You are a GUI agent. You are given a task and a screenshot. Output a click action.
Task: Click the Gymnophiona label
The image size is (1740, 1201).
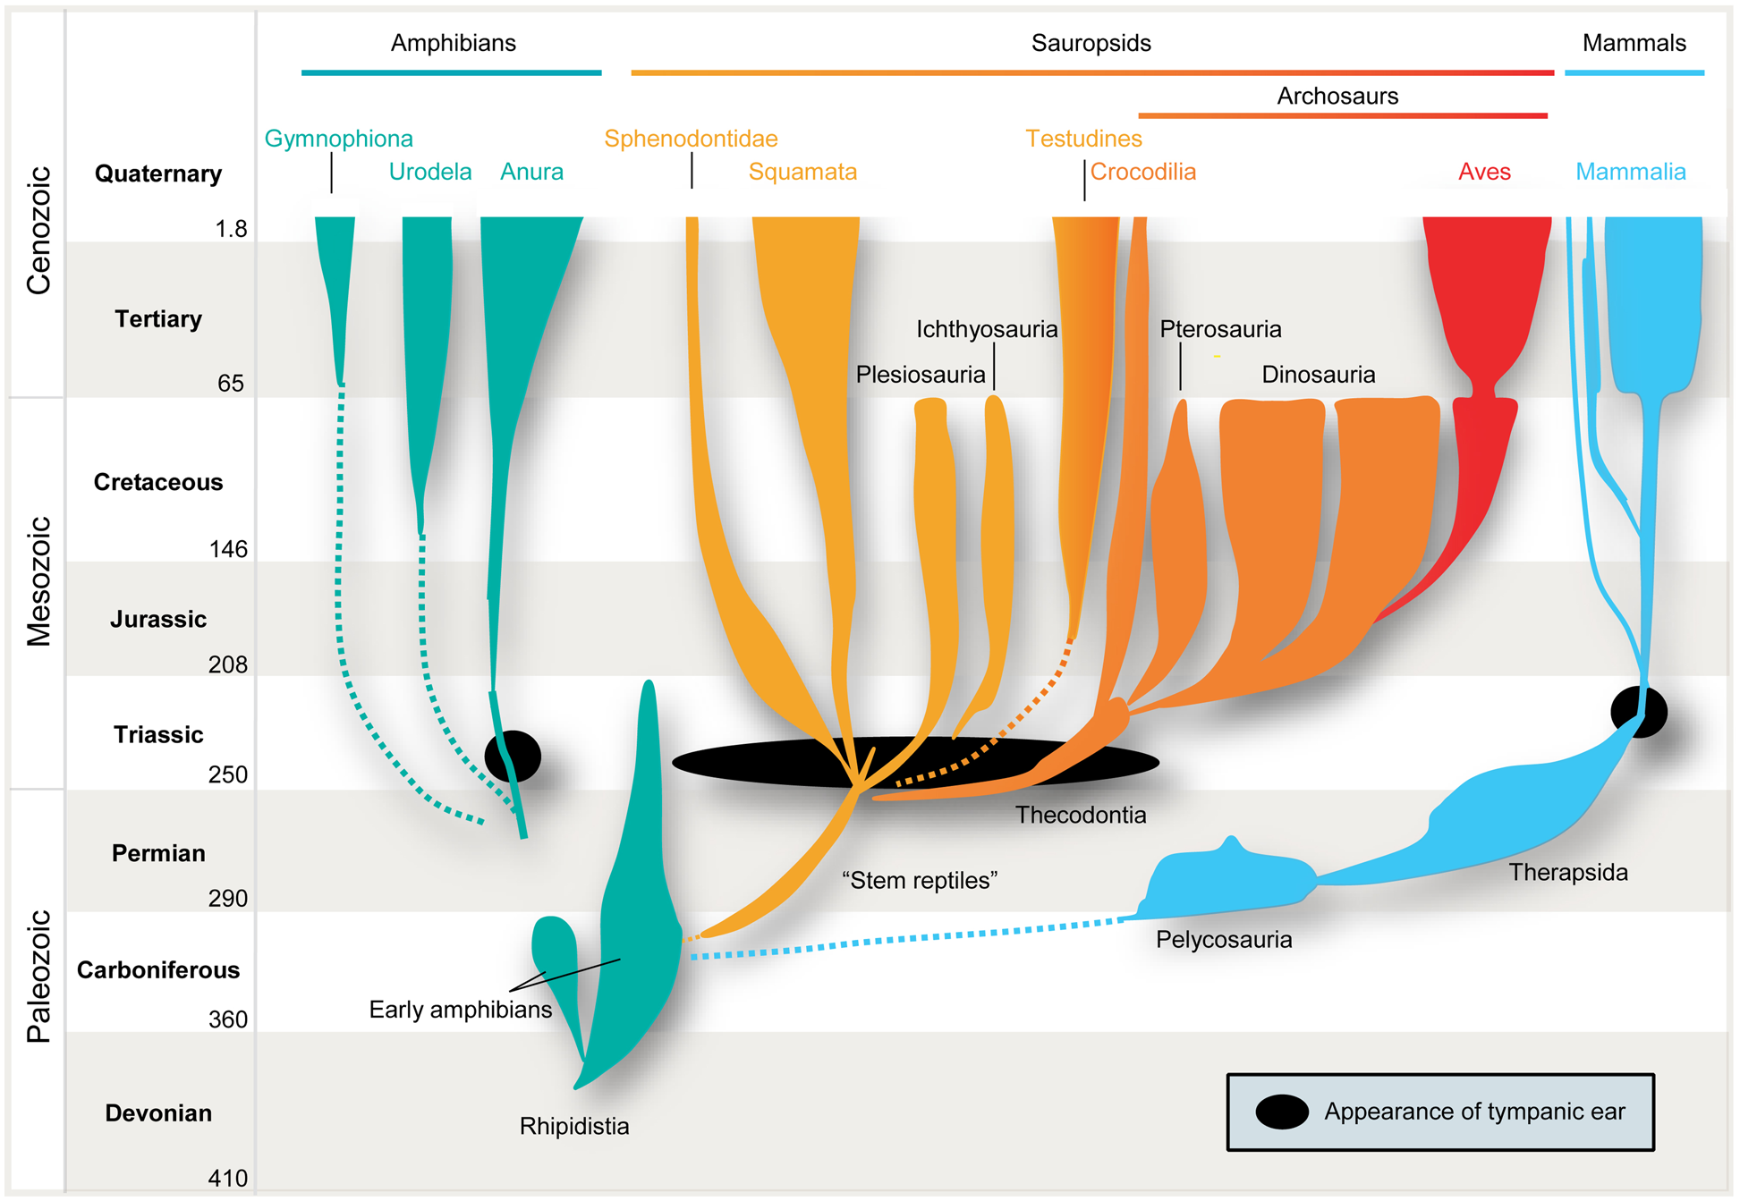click(338, 139)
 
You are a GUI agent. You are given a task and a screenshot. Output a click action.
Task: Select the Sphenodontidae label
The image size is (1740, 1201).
click(690, 139)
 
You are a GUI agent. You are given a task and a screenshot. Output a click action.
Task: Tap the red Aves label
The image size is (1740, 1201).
click(1483, 172)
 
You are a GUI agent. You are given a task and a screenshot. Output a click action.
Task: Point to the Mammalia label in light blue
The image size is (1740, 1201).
click(1630, 172)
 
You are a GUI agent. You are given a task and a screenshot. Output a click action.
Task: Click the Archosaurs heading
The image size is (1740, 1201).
click(1337, 96)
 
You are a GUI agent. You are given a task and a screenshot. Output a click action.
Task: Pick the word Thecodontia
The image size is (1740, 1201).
click(1080, 815)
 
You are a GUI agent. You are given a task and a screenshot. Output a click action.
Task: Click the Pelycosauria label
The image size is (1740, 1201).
click(1223, 940)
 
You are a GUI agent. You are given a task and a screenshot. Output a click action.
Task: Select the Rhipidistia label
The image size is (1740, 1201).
click(573, 1126)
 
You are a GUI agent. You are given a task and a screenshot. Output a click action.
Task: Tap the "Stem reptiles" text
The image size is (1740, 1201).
click(919, 880)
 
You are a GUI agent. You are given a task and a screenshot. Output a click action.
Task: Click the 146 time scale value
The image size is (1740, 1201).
click(228, 549)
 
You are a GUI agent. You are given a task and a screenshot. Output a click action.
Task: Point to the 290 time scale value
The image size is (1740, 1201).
click(228, 898)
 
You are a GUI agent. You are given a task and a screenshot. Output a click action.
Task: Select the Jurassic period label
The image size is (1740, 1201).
click(158, 619)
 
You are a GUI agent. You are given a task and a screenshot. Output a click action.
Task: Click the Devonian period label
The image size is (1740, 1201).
click(158, 1113)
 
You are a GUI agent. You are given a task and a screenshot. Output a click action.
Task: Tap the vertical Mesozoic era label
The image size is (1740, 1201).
click(38, 581)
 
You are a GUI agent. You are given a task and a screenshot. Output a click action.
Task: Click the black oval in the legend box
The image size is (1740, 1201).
click(1281, 1112)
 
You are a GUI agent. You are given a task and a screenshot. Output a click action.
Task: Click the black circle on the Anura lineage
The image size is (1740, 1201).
click(512, 756)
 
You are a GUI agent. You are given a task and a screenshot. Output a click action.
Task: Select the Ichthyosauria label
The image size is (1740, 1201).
click(986, 329)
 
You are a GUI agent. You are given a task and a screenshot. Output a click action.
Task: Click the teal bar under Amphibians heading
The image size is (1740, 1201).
click(451, 72)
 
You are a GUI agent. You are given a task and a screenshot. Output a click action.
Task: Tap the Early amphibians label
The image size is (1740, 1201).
click(460, 1010)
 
